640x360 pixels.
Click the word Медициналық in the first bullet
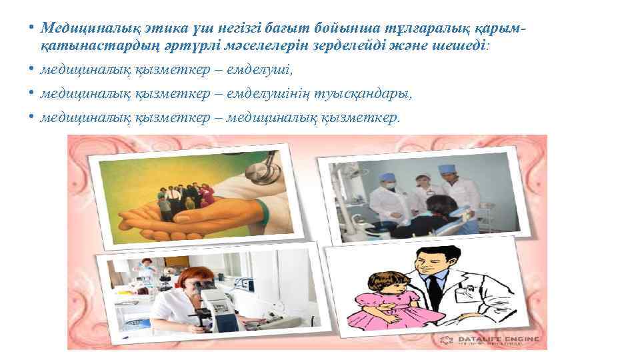click(x=81, y=29)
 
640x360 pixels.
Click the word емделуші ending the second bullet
click(x=262, y=71)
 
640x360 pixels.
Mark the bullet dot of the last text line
click(x=31, y=117)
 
